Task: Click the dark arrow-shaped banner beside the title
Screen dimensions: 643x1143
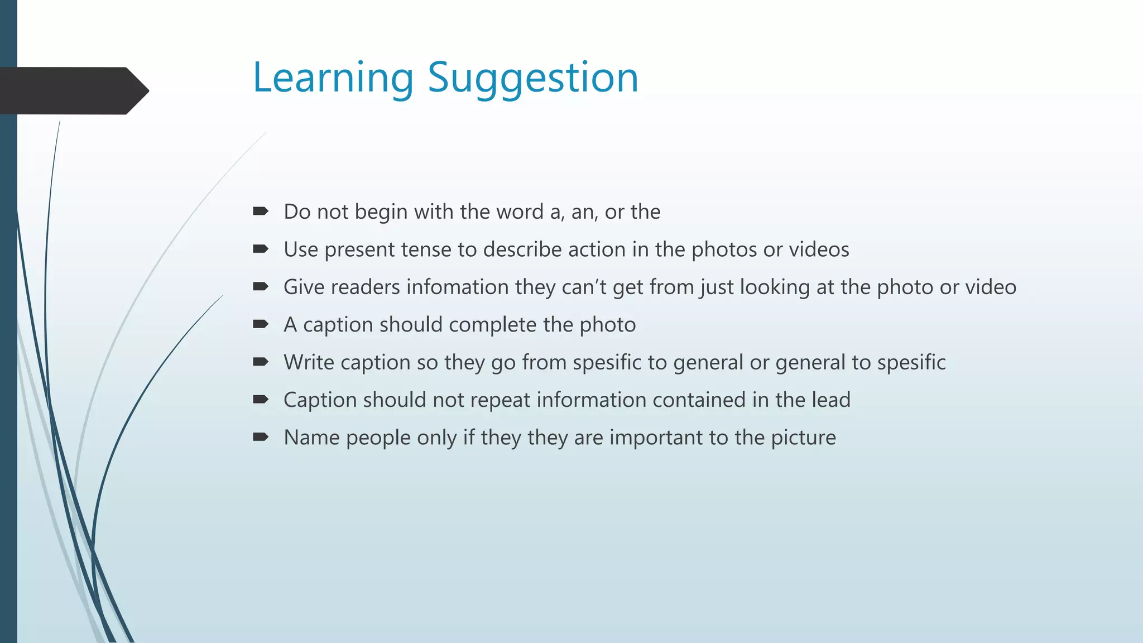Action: (x=73, y=90)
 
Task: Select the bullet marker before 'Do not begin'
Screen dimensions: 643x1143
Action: (x=260, y=211)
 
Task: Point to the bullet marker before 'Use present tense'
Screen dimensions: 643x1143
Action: (x=260, y=249)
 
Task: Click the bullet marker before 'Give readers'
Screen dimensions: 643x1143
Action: (x=260, y=286)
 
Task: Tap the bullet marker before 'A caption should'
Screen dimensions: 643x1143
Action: (x=260, y=324)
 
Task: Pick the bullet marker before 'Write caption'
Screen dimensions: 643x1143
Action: (x=260, y=362)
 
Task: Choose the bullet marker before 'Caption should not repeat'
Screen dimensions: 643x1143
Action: (x=260, y=399)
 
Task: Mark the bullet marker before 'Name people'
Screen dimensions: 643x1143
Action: (x=260, y=436)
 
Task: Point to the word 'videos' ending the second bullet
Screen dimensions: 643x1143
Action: (x=819, y=249)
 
